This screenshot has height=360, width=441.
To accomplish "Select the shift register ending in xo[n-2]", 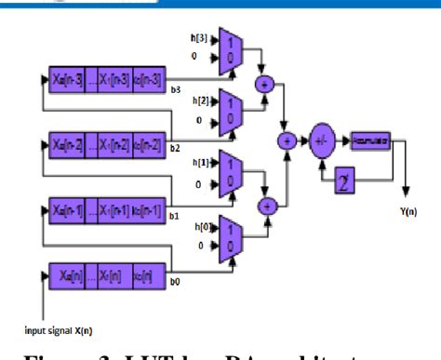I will tap(100, 145).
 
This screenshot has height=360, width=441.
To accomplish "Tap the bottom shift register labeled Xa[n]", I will tap(100, 275).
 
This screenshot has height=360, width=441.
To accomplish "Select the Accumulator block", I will tap(370, 140).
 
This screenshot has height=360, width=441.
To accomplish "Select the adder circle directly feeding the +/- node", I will tap(287, 140).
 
